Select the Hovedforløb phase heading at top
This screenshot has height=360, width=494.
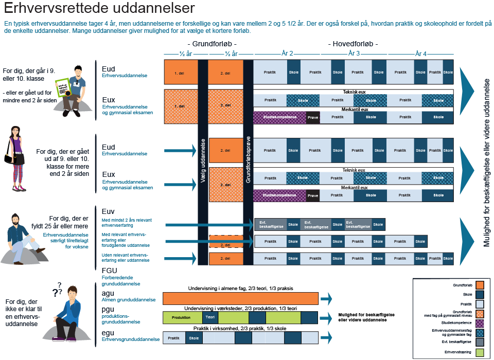point(353,44)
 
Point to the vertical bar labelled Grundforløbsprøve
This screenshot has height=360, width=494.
point(248,159)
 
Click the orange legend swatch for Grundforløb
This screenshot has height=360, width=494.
point(480,285)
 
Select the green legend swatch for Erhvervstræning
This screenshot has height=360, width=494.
point(480,352)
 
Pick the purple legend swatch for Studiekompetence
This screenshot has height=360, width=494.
point(480,323)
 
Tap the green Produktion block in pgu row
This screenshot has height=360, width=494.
point(182,317)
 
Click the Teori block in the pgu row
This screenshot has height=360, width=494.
point(210,317)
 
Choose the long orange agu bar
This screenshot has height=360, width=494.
point(240,298)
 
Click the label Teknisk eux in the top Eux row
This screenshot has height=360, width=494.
point(354,92)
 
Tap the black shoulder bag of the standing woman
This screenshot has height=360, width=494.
point(12,158)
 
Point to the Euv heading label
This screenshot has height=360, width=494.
point(108,211)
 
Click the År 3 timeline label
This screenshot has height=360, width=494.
point(354,53)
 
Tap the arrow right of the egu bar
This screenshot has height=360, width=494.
point(326,337)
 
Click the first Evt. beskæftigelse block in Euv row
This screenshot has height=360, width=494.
point(270,224)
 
